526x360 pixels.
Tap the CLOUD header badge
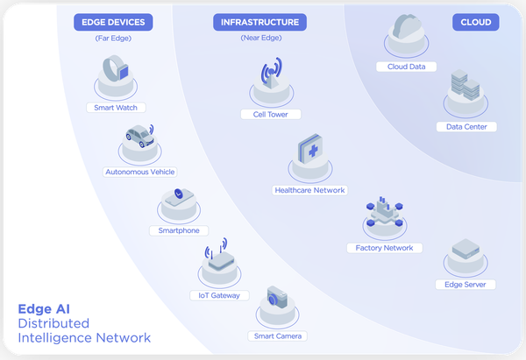475,22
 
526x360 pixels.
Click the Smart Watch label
115,108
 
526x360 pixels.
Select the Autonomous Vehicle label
140,172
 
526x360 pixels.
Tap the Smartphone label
179,230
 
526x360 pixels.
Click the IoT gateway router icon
219,258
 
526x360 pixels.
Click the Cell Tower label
271,114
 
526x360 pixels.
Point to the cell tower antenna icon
271,74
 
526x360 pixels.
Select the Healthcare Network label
310,190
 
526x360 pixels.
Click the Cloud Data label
406,67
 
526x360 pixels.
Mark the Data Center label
466,126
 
